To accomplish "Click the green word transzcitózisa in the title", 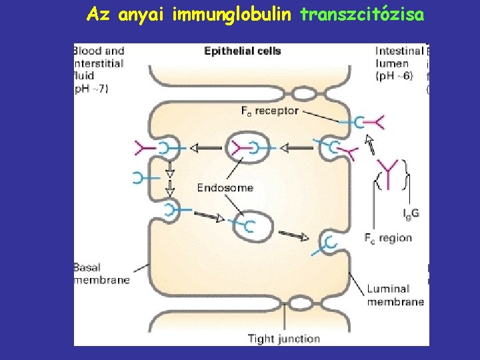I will [361, 14].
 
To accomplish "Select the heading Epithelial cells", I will [242, 51].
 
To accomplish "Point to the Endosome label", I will [225, 187].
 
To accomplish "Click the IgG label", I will [411, 213].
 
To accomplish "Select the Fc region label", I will [388, 237].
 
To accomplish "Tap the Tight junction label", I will [283, 339].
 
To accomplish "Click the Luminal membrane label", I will [395, 295].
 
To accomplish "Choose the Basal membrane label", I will [101, 274].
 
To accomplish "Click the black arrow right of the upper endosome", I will [295, 147].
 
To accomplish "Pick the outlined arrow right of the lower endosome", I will [294, 235].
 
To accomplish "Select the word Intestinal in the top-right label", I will [399, 51].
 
